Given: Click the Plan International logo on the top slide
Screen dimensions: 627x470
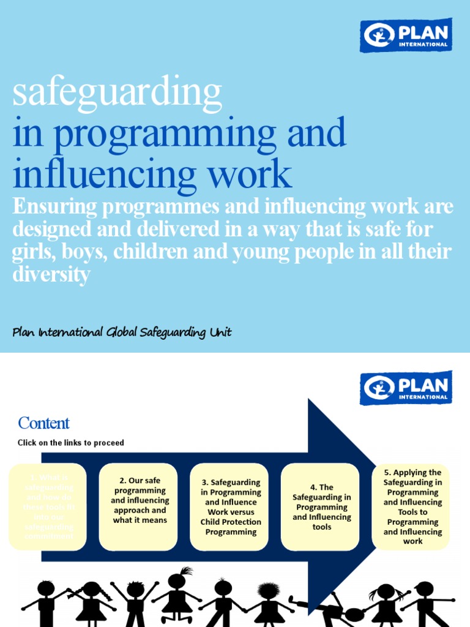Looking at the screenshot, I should tap(406, 35).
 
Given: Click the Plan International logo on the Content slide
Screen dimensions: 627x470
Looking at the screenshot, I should tap(406, 388).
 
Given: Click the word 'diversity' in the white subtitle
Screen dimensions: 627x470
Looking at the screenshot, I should tap(51, 275).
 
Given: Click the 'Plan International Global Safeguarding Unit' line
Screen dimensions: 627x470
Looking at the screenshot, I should tap(122, 332).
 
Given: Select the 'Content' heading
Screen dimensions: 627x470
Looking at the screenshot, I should tap(43, 423).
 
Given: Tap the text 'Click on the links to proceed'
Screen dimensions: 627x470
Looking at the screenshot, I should tap(70, 443).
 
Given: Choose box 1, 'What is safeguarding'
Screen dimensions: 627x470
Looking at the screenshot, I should tap(48, 507).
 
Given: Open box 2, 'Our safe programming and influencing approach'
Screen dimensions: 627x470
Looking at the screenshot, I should tap(139, 506).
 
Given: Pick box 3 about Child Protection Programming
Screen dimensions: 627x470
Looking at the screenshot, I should tap(231, 507).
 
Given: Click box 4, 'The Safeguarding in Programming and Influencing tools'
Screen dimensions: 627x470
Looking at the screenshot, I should tap(321, 507).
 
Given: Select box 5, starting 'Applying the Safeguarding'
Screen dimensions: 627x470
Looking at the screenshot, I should tap(412, 507).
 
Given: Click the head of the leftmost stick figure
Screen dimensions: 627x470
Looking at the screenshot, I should tap(46, 588).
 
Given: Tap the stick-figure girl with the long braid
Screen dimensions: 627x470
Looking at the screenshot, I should tap(92, 603).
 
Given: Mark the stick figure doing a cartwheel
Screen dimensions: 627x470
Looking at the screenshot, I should tap(334, 609).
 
